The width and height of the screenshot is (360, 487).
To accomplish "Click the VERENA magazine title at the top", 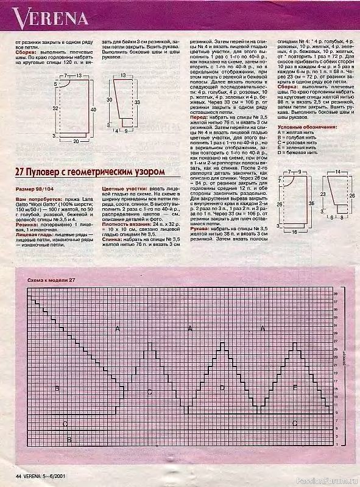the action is (x=44, y=19).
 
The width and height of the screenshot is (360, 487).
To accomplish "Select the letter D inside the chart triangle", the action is (x=222, y=387).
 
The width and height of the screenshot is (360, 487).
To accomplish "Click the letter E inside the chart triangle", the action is (x=295, y=387).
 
